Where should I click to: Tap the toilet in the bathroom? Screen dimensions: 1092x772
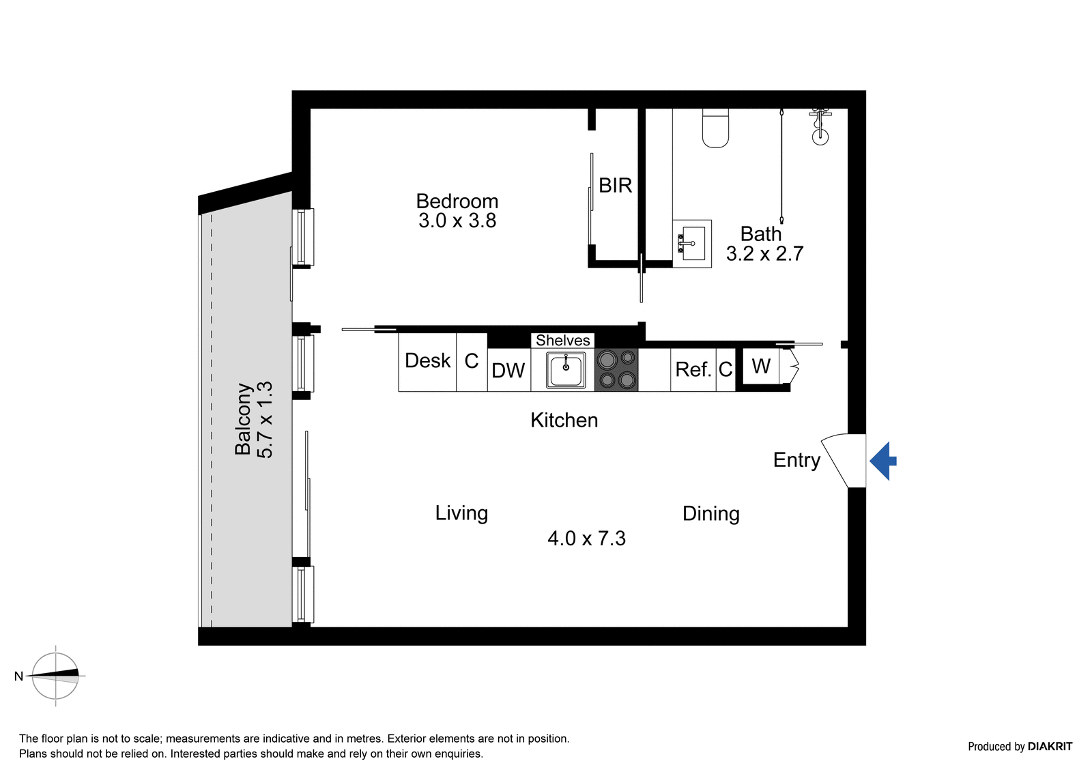[715, 128]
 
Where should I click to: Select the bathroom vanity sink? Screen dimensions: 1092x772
[692, 244]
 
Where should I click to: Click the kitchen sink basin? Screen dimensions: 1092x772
[566, 370]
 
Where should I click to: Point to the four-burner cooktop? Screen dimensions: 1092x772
[616, 370]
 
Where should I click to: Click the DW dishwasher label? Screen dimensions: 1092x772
[508, 371]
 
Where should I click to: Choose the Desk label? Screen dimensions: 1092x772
[427, 360]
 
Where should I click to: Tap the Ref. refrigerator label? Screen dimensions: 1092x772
[693, 369]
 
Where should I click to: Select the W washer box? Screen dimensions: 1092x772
[760, 367]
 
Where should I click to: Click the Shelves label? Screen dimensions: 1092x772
[563, 340]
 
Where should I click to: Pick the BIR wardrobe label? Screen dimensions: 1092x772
[615, 185]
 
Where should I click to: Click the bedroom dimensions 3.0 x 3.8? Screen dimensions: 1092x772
[457, 220]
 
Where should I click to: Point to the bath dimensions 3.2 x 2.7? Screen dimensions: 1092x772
[765, 254]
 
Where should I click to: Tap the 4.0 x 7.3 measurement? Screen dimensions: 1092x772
[586, 539]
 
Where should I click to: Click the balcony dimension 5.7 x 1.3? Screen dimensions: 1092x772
[265, 420]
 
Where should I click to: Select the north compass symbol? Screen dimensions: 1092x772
[55, 676]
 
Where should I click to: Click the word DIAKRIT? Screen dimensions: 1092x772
[1050, 746]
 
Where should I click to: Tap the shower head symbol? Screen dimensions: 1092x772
[820, 128]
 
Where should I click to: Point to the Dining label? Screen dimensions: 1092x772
[710, 513]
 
